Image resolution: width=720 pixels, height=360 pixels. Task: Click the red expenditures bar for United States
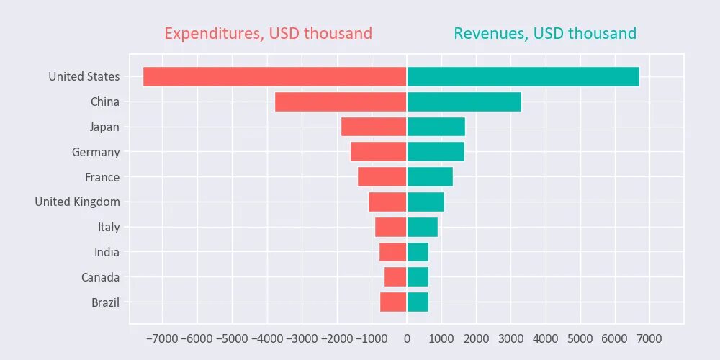pos(274,76)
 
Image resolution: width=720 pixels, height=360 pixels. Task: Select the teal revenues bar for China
pos(464,102)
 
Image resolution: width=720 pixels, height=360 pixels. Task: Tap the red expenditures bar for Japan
pos(374,127)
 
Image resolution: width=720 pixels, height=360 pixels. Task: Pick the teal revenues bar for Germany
pos(436,152)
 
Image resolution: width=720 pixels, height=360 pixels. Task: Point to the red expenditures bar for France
pos(382,177)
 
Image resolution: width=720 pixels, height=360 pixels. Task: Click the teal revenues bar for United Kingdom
pos(426,202)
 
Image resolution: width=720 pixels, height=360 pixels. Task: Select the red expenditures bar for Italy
pos(391,227)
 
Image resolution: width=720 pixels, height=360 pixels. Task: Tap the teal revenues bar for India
pos(418,252)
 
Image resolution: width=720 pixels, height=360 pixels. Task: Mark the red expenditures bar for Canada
pos(395,277)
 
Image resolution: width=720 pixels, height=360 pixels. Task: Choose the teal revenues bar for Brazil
pos(418,302)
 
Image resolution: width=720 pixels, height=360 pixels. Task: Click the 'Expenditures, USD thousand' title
pos(268,33)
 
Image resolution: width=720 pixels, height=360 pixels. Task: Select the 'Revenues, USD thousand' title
pos(545,33)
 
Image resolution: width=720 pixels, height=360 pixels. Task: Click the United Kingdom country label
pos(78,202)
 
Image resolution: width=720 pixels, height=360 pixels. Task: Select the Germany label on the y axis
pos(96,152)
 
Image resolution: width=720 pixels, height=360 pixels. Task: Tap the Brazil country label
pos(105,302)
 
